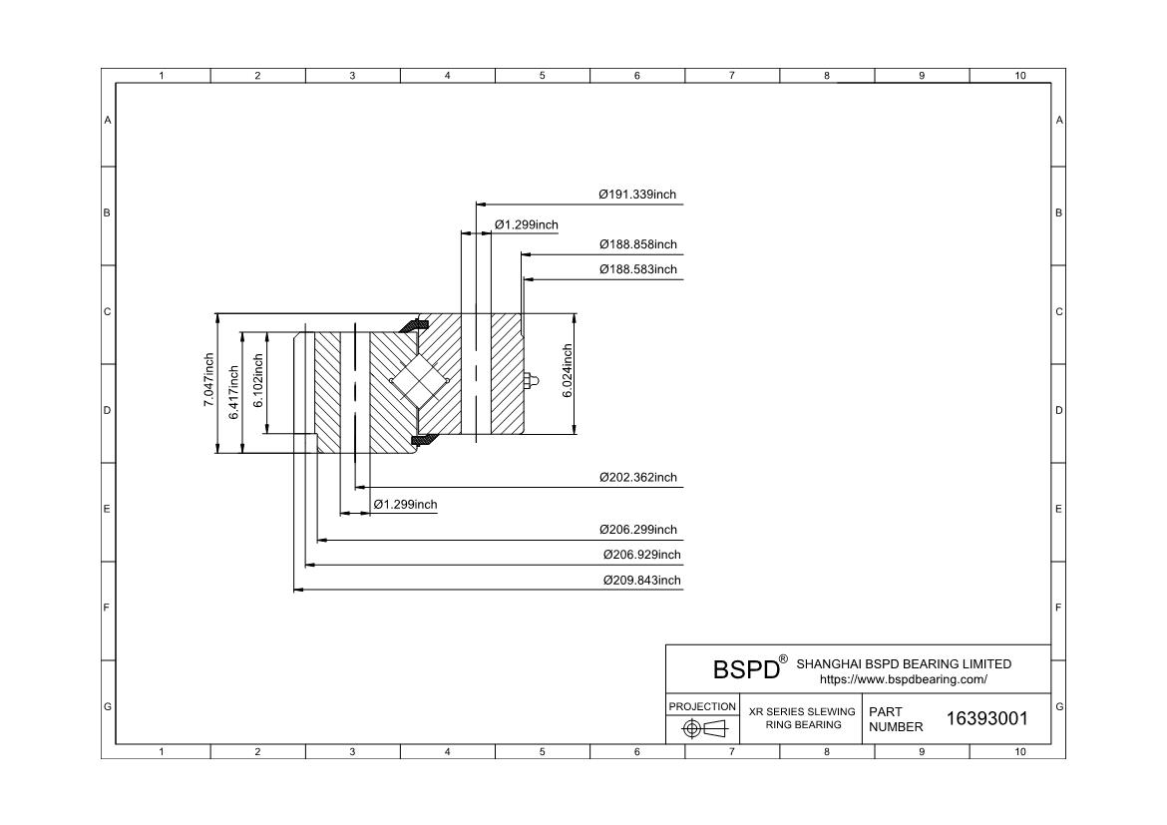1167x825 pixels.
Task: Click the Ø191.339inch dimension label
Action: (x=637, y=195)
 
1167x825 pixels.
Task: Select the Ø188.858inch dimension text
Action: (x=637, y=244)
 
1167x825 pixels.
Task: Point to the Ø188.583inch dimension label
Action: (x=637, y=269)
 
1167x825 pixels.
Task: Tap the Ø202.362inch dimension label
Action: (x=637, y=477)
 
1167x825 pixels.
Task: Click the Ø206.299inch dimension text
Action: (x=637, y=530)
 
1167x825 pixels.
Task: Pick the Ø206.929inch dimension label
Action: (x=641, y=555)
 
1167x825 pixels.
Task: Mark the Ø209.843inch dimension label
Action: (x=641, y=580)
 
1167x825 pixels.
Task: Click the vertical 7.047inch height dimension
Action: (x=209, y=380)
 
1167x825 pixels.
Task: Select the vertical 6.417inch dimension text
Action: (x=233, y=392)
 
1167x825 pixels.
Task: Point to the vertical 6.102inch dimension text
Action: (x=258, y=380)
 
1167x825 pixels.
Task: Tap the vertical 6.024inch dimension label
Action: (x=568, y=371)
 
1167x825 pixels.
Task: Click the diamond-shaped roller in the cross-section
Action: (x=419, y=380)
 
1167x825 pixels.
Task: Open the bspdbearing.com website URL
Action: (x=904, y=679)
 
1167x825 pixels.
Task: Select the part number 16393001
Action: (x=986, y=718)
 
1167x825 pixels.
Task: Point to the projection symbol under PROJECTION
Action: (x=703, y=728)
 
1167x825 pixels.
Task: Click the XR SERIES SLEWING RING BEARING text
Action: (x=802, y=718)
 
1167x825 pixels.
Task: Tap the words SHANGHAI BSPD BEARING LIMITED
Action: (x=904, y=663)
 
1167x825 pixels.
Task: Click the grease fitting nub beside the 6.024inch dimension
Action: (x=532, y=381)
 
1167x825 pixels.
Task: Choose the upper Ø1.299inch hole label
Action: (x=527, y=224)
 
